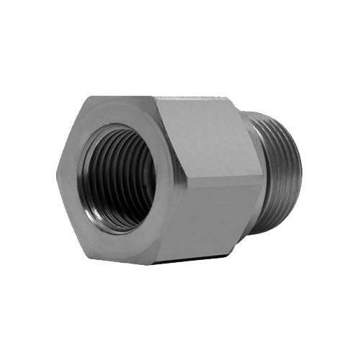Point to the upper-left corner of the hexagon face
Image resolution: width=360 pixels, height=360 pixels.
(86, 97)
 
